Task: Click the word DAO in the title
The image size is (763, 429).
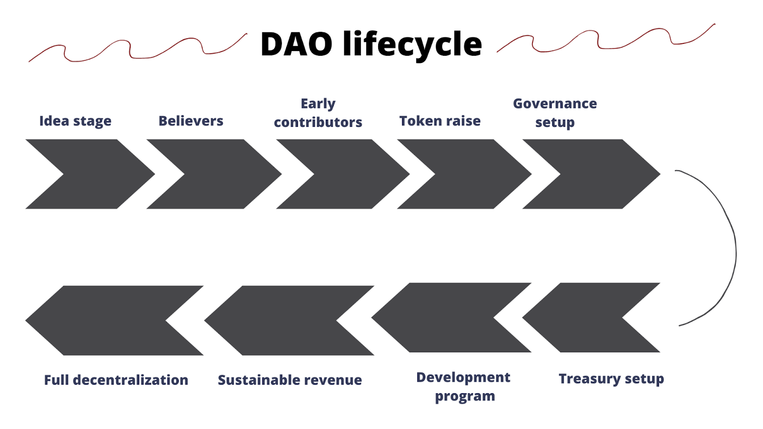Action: click(x=296, y=44)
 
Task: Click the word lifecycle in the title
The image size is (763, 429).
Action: click(x=412, y=44)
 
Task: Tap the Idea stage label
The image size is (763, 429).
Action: click(x=75, y=121)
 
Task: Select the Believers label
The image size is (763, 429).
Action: click(x=191, y=121)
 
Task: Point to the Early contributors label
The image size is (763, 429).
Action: click(x=318, y=113)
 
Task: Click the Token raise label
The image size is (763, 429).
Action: click(x=440, y=121)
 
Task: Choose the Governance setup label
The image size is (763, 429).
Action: click(x=555, y=113)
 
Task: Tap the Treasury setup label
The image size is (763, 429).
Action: click(x=611, y=379)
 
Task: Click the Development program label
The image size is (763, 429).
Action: click(x=464, y=387)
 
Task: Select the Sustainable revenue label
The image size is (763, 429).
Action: click(x=290, y=380)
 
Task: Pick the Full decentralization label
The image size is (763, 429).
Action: click(x=116, y=380)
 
